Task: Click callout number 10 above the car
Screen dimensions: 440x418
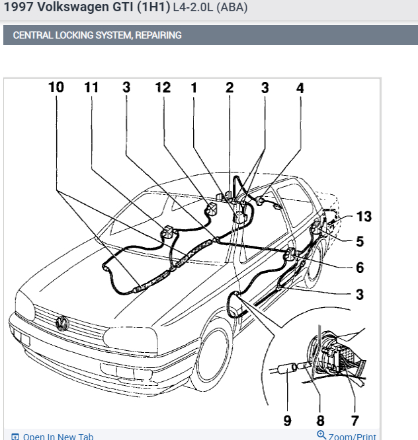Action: point(56,87)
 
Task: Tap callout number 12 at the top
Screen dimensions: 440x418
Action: point(163,87)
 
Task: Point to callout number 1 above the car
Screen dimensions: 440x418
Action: point(194,87)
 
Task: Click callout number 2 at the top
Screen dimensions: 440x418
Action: point(230,87)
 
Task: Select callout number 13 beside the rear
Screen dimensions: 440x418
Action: point(363,217)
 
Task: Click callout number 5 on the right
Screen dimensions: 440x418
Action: point(360,242)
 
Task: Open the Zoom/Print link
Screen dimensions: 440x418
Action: point(353,437)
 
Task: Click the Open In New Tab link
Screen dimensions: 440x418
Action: point(58,437)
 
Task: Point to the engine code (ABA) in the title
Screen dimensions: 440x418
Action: point(233,9)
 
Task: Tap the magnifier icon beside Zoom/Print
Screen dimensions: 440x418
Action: point(322,435)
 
